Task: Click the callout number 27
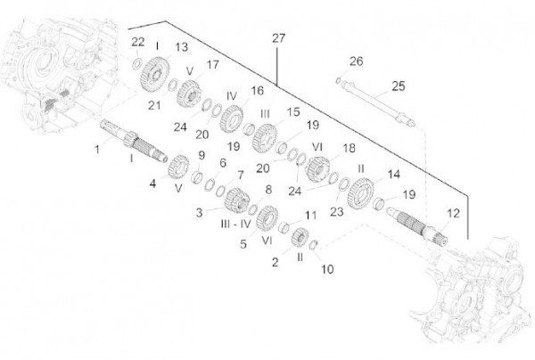coord(278,37)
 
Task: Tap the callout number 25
coord(399,86)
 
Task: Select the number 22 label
coord(138,42)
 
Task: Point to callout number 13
coord(182,47)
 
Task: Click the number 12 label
coord(453,213)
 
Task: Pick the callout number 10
coord(327,269)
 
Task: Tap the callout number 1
coord(97,150)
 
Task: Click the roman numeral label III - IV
coord(235,224)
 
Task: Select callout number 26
coord(356,61)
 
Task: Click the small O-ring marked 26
coord(338,80)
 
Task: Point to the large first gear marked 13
coord(155,74)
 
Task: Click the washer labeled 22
coord(137,64)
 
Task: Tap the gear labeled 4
coord(178,167)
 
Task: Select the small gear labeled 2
coord(300,237)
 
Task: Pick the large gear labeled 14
coord(360,193)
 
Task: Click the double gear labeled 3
coord(236,200)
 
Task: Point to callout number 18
coord(349,148)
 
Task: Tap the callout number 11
coord(310,216)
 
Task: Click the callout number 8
coord(268,190)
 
